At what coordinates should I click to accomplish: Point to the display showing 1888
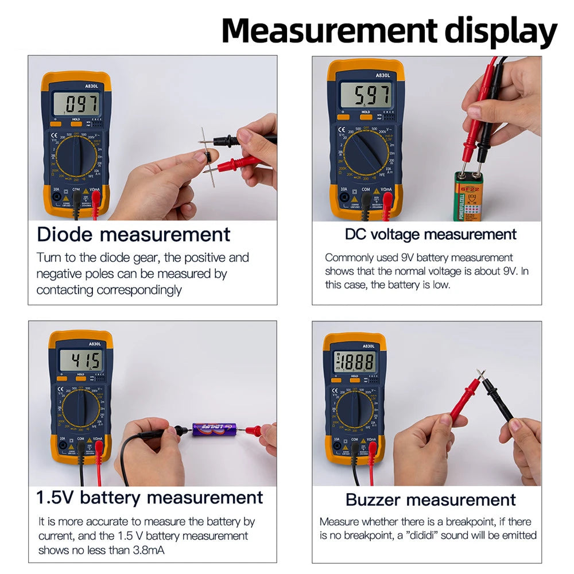pos(355,362)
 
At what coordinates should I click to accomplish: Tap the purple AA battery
pos(214,429)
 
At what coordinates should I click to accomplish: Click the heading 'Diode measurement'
pos(133,234)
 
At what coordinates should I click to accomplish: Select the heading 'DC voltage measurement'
pos(430,234)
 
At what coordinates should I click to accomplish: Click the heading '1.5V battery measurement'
pos(149,497)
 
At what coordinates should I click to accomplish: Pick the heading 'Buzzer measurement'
pos(430,499)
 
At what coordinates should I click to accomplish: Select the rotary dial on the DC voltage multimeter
pos(366,153)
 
